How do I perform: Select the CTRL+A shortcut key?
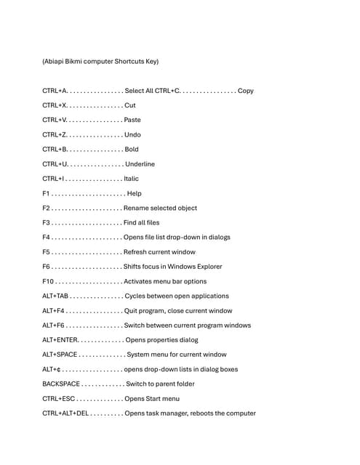55,91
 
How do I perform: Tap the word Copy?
246,91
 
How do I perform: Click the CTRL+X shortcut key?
55,105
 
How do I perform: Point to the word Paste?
132,120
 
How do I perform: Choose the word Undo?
132,134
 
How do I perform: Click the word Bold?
132,150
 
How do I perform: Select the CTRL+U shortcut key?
55,164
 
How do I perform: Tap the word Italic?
132,179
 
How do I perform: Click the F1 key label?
46,193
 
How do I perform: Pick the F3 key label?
47,222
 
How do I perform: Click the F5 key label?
47,252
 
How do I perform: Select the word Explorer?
208,267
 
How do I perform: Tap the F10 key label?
48,281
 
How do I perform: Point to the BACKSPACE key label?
61,384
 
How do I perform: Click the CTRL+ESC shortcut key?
58,399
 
